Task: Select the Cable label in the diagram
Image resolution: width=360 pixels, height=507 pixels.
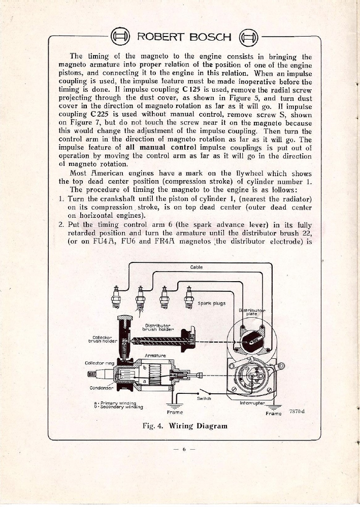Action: pyautogui.click(x=196, y=267)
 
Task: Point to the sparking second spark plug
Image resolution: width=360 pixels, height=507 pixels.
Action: pyautogui.click(x=140, y=298)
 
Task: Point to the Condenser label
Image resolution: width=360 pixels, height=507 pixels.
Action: pyautogui.click(x=101, y=389)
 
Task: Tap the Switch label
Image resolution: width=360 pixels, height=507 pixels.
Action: pyautogui.click(x=204, y=398)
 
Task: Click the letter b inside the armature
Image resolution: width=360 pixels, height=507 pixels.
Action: pyautogui.click(x=144, y=368)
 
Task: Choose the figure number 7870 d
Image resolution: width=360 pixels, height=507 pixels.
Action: pyautogui.click(x=297, y=411)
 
